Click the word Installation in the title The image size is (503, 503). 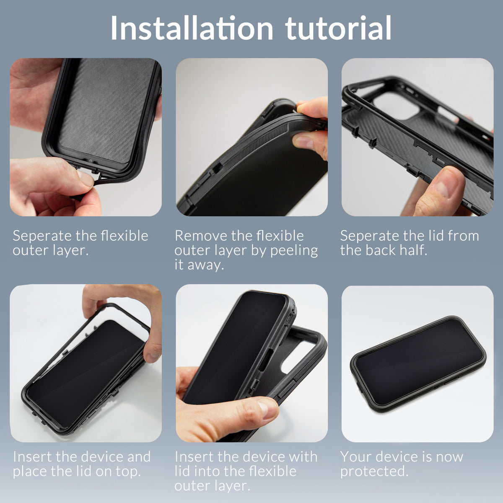[192, 29]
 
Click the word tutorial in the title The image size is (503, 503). [338, 29]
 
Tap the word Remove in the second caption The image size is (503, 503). [197, 236]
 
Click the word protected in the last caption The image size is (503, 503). [374, 472]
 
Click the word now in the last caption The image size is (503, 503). [449, 456]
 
